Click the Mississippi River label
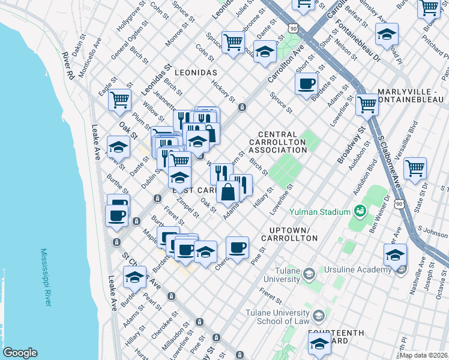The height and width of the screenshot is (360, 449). (45, 277)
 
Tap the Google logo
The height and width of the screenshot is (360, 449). (19, 352)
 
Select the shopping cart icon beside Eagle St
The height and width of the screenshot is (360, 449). (119, 100)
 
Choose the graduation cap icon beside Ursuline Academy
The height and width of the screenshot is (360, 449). (395, 254)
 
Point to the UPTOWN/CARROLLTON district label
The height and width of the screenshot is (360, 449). (285, 235)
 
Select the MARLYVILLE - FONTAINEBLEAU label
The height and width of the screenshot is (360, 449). (410, 95)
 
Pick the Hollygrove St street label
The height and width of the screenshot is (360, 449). (127, 18)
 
